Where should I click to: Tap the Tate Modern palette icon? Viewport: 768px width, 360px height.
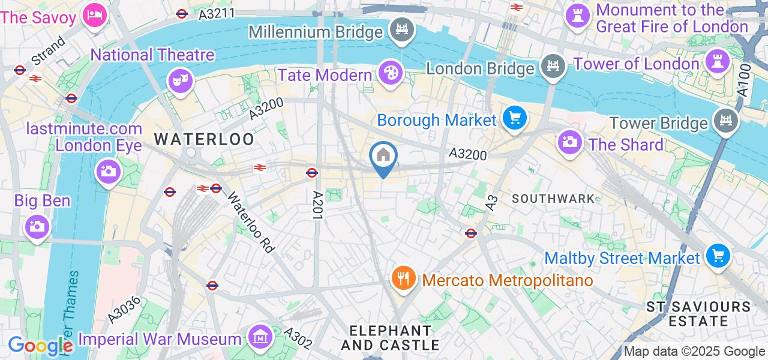tap(391, 74)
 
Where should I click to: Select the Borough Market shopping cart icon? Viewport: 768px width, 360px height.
tap(514, 118)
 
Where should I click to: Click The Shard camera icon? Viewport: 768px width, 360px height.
tap(569, 143)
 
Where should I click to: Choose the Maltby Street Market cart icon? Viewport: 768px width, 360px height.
tap(717, 256)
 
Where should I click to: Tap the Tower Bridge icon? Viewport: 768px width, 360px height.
tap(725, 121)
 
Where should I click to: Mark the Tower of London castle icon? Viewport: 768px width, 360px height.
tap(716, 61)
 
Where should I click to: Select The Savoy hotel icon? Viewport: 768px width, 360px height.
tap(94, 13)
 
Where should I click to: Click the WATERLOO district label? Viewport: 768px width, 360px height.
tap(204, 140)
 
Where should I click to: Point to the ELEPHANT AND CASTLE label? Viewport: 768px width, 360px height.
tap(390, 338)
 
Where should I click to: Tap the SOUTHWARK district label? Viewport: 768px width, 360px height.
tap(553, 199)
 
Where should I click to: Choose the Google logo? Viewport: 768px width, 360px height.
tap(40, 346)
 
